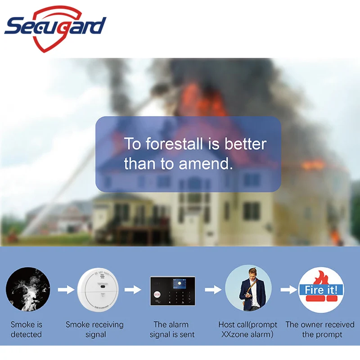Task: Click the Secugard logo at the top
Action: (x=55, y=29)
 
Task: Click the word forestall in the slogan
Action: (x=174, y=144)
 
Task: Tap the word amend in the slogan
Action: (x=206, y=163)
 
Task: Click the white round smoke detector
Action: (x=98, y=289)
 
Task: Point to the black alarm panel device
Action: (x=173, y=291)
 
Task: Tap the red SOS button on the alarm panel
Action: (x=157, y=294)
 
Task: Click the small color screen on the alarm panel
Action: (x=179, y=283)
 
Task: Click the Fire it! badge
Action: (x=321, y=289)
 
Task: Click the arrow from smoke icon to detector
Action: (x=66, y=289)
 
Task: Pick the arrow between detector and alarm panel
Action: (x=133, y=289)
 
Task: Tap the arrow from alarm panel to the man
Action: (x=213, y=289)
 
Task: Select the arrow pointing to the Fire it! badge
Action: (x=288, y=289)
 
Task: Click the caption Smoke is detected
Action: (x=27, y=329)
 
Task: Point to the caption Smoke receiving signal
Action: (x=94, y=329)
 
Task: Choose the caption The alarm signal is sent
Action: (x=172, y=329)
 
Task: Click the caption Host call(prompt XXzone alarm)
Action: (x=247, y=329)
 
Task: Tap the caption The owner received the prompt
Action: (x=320, y=329)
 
